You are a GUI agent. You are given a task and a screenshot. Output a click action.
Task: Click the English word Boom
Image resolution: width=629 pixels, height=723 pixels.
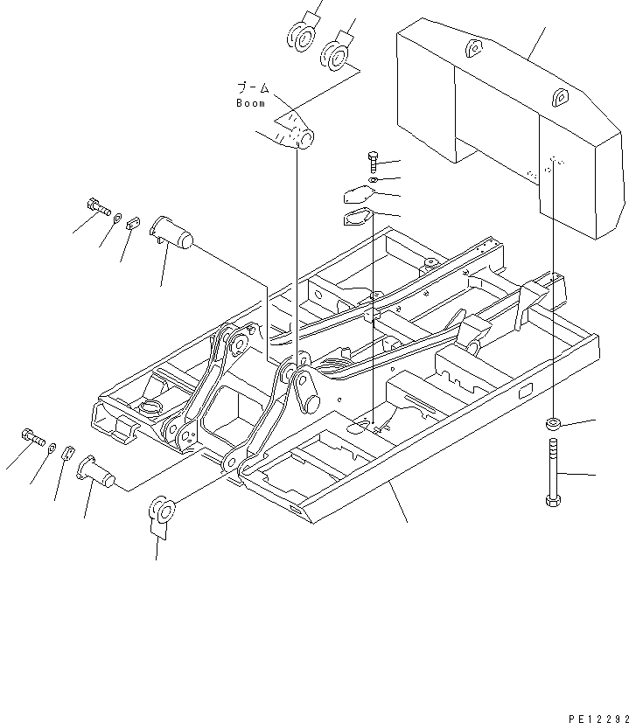pyautogui.click(x=250, y=103)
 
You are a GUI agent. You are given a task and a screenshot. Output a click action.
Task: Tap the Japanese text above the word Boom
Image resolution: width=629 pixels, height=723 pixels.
pyautogui.click(x=255, y=88)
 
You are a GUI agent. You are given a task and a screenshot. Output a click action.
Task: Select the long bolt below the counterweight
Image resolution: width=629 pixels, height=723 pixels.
pyautogui.click(x=552, y=471)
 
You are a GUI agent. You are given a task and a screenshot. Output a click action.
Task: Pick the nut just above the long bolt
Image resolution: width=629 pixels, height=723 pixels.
pyautogui.click(x=553, y=424)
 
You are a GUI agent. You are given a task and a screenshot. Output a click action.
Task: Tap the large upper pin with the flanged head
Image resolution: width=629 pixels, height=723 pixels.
pyautogui.click(x=172, y=234)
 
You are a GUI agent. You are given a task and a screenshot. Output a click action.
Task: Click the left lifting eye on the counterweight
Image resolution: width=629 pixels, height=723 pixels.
pyautogui.click(x=472, y=48)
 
